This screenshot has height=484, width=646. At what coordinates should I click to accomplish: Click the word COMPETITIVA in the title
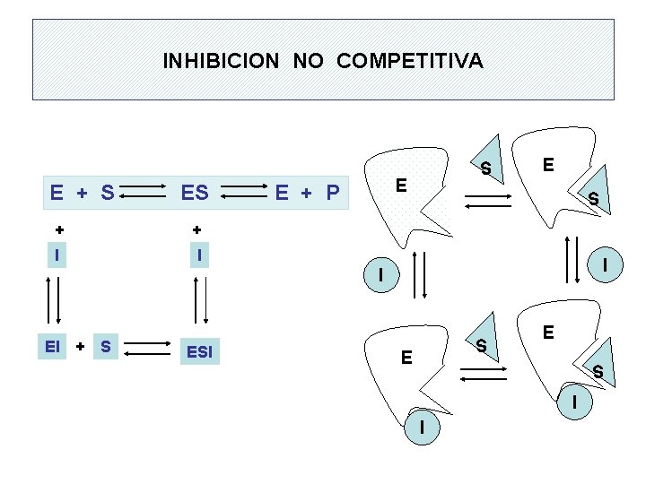[x=410, y=61]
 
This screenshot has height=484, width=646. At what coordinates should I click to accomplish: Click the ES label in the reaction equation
[x=195, y=192]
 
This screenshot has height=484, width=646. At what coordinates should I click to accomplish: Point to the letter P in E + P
[x=332, y=192]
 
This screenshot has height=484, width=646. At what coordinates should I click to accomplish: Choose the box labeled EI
[x=55, y=345]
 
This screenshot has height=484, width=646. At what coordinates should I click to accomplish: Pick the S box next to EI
[x=106, y=345]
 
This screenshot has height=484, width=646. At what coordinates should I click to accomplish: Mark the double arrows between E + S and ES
[x=144, y=192]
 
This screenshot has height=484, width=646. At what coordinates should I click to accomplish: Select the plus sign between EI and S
[x=80, y=345]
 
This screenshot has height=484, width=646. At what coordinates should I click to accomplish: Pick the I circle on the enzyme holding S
[x=573, y=402]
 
